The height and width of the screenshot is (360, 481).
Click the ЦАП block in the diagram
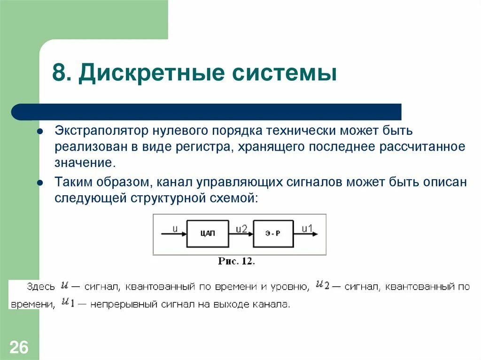[x=207, y=233]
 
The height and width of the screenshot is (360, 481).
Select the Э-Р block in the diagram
[x=273, y=233]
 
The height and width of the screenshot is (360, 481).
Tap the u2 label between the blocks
[x=241, y=228]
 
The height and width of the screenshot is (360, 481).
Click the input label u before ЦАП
[x=175, y=229]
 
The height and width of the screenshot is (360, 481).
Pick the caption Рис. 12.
[x=236, y=261]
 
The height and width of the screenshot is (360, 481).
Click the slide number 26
[x=19, y=348]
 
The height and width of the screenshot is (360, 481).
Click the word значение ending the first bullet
[x=84, y=163]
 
